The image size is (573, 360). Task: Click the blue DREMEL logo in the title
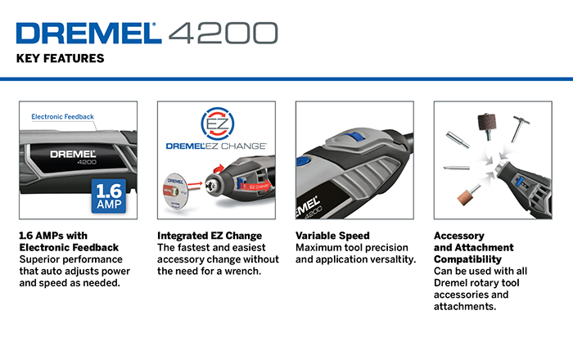(x=88, y=34)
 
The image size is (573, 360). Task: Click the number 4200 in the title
(x=223, y=34)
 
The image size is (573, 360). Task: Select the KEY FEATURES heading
(x=61, y=58)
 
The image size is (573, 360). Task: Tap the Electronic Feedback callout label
(x=62, y=117)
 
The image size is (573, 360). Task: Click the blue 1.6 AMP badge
(x=109, y=196)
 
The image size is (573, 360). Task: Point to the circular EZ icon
(x=218, y=124)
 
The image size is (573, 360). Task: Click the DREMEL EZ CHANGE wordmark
(x=216, y=146)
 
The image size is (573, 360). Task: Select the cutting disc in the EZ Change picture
(x=175, y=191)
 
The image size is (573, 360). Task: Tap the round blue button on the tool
(x=303, y=161)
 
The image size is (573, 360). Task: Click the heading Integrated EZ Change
(x=210, y=236)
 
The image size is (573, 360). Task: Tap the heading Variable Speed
(x=332, y=236)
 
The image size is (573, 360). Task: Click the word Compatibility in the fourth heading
(x=467, y=259)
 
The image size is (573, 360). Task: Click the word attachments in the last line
(x=465, y=307)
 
